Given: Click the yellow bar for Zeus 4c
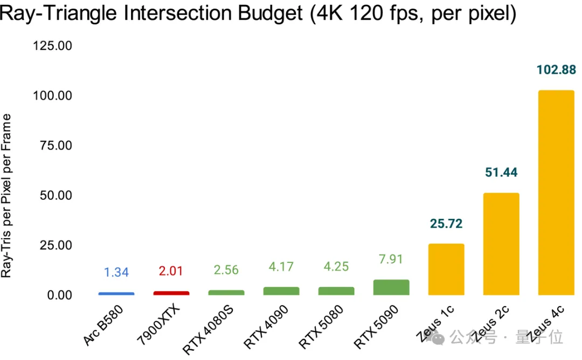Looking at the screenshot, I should tap(556, 192).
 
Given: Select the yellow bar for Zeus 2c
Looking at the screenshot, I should tap(501, 244).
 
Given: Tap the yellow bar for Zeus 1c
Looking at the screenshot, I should tap(446, 269).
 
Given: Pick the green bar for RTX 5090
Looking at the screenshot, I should tap(391, 287).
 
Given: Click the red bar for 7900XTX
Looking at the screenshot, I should tap(171, 293).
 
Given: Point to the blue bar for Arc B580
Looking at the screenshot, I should tap(116, 294).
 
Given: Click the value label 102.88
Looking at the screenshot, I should tap(556, 70).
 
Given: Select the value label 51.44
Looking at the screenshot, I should tap(501, 172).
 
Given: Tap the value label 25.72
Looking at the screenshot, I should tap(446, 224).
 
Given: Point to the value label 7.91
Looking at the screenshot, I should tap(391, 259).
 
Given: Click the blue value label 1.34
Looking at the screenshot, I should tap(116, 272).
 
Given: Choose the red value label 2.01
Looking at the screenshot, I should tap(171, 271).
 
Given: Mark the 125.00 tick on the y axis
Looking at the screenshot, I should tap(52, 46).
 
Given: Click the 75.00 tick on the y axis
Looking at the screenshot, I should tap(56, 146).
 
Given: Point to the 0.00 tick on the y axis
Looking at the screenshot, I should tap(59, 295).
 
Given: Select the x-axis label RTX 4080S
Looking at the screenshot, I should tap(211, 329).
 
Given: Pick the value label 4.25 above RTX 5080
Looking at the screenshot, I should tap(336, 267).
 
